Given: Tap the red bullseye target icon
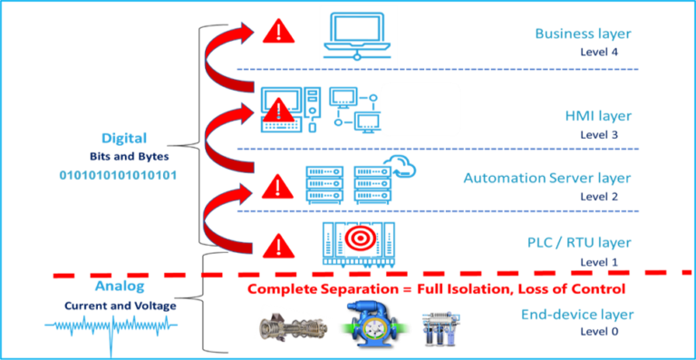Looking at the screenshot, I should (355, 239).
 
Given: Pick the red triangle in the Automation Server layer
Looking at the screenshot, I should (275, 189).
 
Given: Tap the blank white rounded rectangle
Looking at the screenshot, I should (420, 110).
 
